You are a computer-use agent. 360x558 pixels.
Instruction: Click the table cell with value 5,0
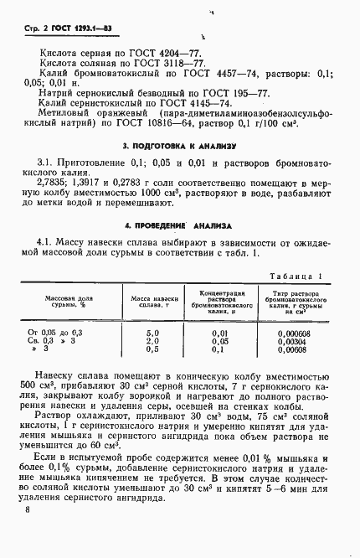(x=152, y=333)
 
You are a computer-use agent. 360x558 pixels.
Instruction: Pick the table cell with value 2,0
(x=152, y=341)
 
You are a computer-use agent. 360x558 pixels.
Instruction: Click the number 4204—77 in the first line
(x=167, y=52)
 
